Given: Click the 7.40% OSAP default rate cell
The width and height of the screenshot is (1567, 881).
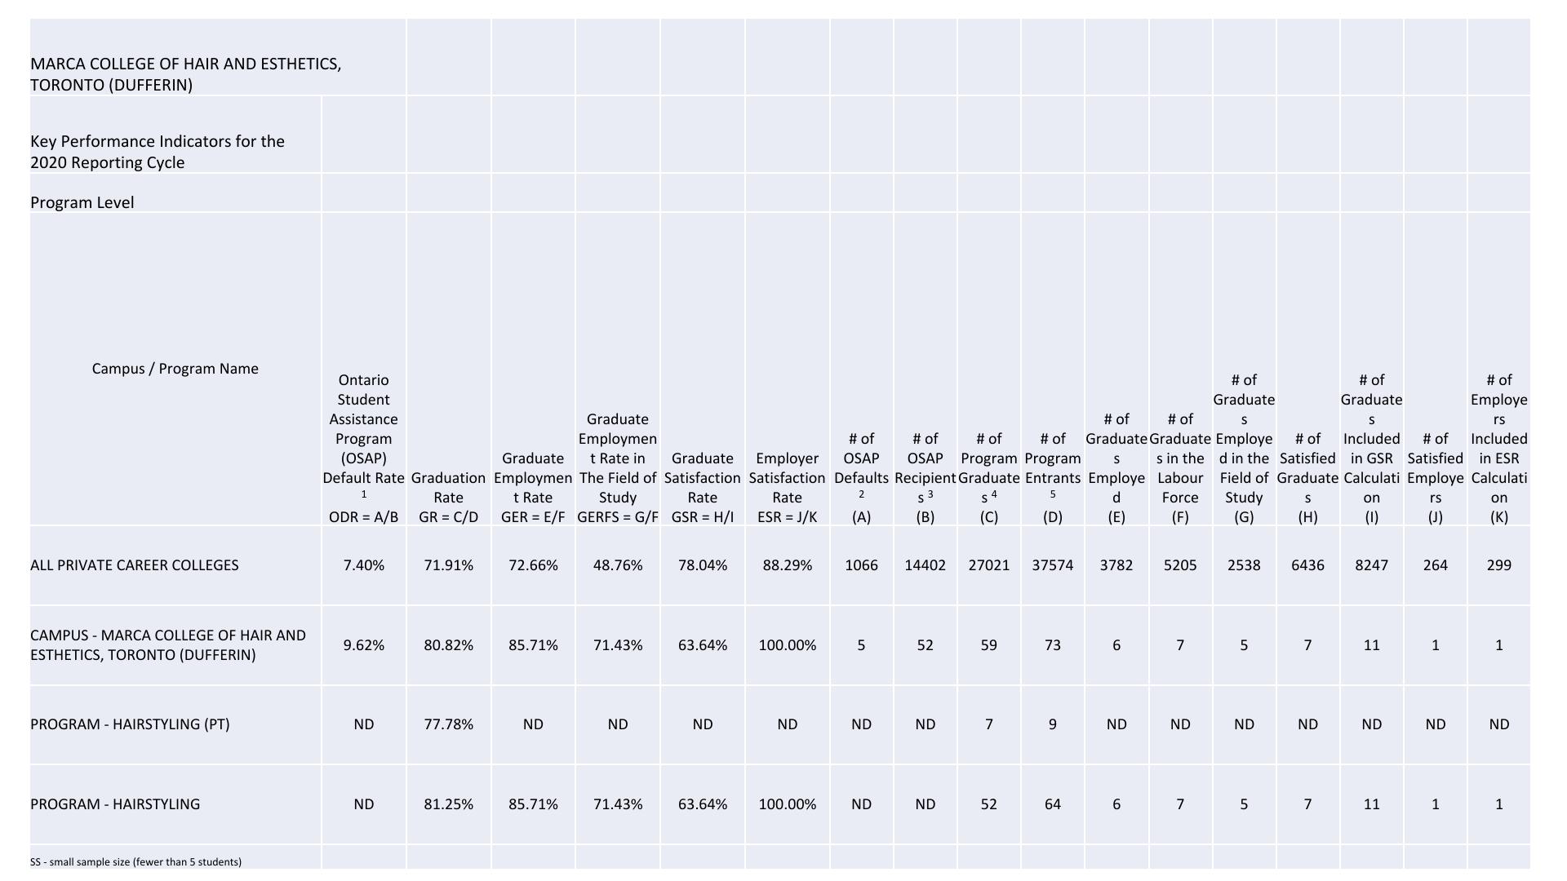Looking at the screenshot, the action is [x=363, y=565].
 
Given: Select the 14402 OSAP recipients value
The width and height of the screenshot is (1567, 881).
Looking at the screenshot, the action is [x=925, y=565].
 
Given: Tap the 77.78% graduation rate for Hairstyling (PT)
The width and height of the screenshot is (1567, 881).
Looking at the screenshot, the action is [x=448, y=724].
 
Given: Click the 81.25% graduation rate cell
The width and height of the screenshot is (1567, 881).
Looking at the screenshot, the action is [x=448, y=804].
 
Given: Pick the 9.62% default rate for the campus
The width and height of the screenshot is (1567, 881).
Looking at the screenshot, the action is [x=363, y=645].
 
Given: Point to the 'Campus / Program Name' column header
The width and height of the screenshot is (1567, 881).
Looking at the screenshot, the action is [x=175, y=369].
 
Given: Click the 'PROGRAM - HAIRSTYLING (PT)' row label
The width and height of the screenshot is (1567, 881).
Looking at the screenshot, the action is [x=130, y=724].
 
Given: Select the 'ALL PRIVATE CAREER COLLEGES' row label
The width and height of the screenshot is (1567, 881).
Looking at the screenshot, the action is [x=135, y=565].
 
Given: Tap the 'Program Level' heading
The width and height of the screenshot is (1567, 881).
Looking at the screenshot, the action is [x=82, y=202].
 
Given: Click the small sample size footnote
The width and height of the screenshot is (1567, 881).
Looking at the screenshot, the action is [x=135, y=862].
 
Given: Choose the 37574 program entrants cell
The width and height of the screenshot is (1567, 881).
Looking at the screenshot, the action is [x=1052, y=565].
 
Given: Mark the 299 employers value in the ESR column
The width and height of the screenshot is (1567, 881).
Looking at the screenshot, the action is [x=1498, y=565].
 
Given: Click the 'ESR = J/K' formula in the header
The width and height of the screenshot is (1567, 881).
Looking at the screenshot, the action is [x=787, y=517].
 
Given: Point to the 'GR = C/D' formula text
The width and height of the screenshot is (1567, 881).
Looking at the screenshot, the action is [x=448, y=517].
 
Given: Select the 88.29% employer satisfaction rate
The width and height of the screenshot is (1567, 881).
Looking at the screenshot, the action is [x=787, y=565].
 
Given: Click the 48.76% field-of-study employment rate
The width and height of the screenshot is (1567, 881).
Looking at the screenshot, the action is [x=618, y=565].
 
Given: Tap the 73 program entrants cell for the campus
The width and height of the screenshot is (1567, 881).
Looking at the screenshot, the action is [x=1052, y=645].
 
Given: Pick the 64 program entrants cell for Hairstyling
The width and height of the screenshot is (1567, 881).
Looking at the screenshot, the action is [x=1052, y=804].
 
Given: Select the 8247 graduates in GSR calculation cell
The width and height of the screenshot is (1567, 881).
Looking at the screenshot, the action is [x=1371, y=565].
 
